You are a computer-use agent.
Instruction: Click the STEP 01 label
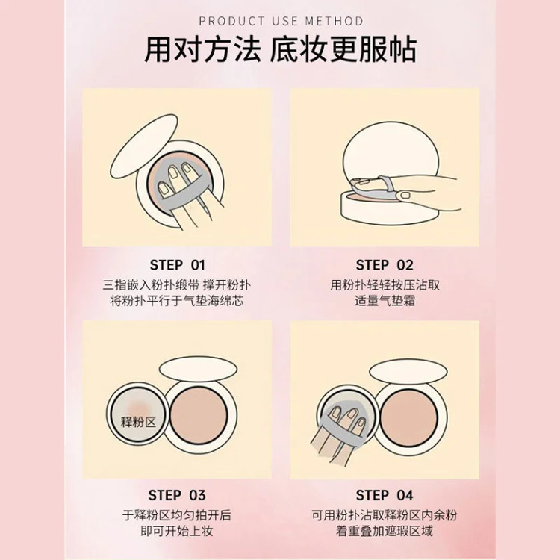(178, 265)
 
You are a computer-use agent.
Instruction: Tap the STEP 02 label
(385, 265)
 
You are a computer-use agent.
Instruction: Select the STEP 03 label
(177, 495)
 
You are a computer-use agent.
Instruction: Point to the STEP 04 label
(385, 495)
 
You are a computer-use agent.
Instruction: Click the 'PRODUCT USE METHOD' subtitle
(281, 21)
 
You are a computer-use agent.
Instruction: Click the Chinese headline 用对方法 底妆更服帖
(280, 49)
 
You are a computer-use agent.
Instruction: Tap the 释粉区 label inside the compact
(139, 422)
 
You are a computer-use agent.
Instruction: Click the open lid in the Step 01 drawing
(143, 146)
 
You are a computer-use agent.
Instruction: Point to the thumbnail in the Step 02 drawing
(405, 195)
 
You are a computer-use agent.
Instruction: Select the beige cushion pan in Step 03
(199, 414)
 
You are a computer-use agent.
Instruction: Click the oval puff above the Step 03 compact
(198, 369)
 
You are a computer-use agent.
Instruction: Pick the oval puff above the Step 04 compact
(408, 372)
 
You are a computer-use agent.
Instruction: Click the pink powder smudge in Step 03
(140, 407)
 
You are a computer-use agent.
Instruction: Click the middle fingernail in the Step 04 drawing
(351, 414)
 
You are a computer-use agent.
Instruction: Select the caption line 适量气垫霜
(385, 301)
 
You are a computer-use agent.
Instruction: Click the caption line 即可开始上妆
(177, 531)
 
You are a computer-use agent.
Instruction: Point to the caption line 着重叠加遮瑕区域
(385, 531)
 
